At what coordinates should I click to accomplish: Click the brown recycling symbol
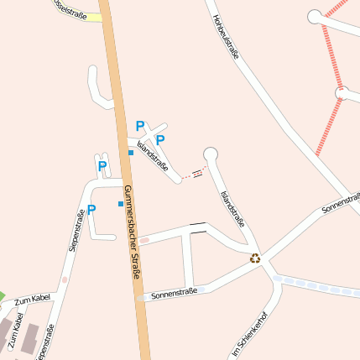click(255, 258)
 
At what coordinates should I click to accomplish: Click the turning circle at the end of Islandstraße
click(211, 153)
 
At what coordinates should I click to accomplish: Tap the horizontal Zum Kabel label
click(34, 299)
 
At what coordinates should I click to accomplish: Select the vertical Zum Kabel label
click(14, 332)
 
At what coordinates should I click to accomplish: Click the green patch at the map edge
click(3, 297)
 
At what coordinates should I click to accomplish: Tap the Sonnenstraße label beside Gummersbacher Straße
click(174, 293)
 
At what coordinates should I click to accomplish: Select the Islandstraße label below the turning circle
click(232, 208)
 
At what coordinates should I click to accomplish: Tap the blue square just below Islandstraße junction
click(131, 152)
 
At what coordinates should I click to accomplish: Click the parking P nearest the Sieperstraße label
click(91, 210)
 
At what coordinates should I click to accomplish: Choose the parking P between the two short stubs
click(102, 166)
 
